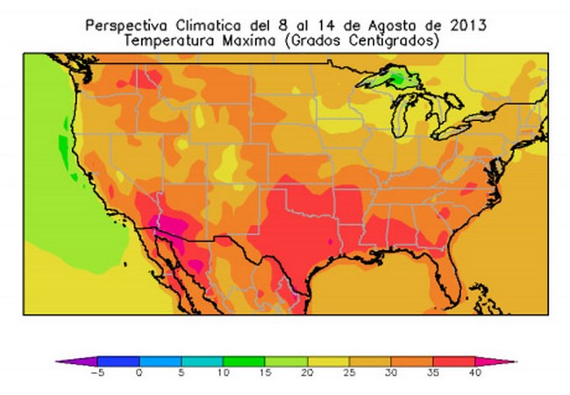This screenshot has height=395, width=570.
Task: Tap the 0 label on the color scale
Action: coord(139,372)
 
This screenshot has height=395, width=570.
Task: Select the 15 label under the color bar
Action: coord(265,372)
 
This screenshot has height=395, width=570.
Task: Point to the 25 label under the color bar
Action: coord(348,372)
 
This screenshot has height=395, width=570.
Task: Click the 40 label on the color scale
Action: coord(474,372)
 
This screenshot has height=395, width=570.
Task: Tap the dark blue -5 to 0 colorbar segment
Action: coord(118,361)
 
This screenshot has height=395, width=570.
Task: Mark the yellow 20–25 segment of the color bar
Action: coord(328,361)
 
